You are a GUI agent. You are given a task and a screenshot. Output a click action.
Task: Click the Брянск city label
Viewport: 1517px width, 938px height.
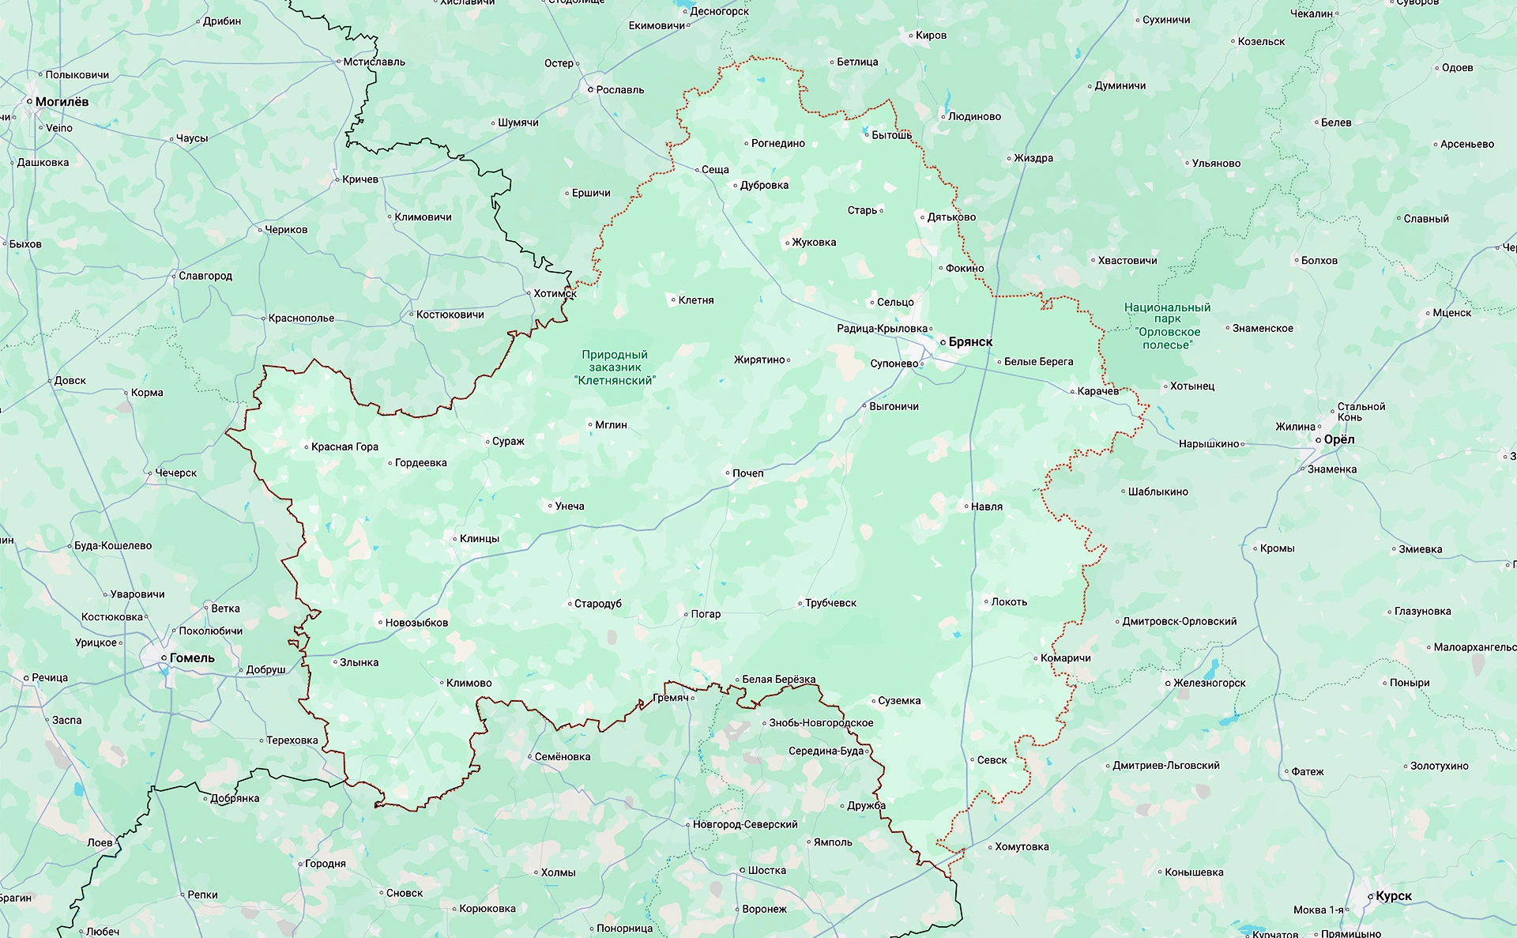point(970,342)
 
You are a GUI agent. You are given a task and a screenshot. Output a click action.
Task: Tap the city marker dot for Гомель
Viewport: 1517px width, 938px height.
point(164,657)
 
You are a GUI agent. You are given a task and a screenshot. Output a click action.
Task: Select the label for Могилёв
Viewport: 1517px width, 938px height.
point(62,102)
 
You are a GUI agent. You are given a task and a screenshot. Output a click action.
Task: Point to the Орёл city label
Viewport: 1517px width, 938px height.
point(1339,439)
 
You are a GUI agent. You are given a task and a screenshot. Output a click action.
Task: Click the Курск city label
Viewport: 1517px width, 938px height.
point(1394,896)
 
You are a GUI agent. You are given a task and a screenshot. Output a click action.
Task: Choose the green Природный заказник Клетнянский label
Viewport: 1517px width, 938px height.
point(615,367)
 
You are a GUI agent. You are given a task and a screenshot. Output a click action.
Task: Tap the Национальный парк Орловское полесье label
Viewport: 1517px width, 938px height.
point(1167,326)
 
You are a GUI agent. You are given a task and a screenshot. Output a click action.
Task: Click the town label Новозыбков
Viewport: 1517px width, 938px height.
point(416,623)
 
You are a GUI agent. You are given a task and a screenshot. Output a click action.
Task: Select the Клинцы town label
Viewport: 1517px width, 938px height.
point(480,539)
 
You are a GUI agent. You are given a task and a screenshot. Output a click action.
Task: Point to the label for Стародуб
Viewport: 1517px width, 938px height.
point(598,604)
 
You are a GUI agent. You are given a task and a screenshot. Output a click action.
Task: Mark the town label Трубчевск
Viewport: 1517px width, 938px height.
point(830,603)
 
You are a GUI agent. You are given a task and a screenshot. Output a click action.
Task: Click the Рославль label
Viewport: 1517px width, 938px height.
point(620,90)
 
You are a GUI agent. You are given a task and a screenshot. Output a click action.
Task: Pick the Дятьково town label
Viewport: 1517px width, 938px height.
point(951,217)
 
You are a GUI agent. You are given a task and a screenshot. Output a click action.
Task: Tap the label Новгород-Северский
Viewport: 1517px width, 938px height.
point(745,824)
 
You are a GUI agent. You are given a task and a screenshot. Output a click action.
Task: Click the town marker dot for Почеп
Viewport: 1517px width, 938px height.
point(728,473)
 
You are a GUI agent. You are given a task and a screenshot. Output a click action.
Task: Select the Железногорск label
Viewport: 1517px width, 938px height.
point(1209,683)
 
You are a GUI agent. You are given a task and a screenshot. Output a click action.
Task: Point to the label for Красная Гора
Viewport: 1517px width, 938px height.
point(344,447)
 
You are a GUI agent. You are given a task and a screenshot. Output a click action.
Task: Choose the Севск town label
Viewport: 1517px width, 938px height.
point(992,760)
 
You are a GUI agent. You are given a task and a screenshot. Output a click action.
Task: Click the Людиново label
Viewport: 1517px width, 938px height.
point(974,117)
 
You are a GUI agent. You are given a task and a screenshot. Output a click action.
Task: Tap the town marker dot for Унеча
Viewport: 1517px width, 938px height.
point(551,507)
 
